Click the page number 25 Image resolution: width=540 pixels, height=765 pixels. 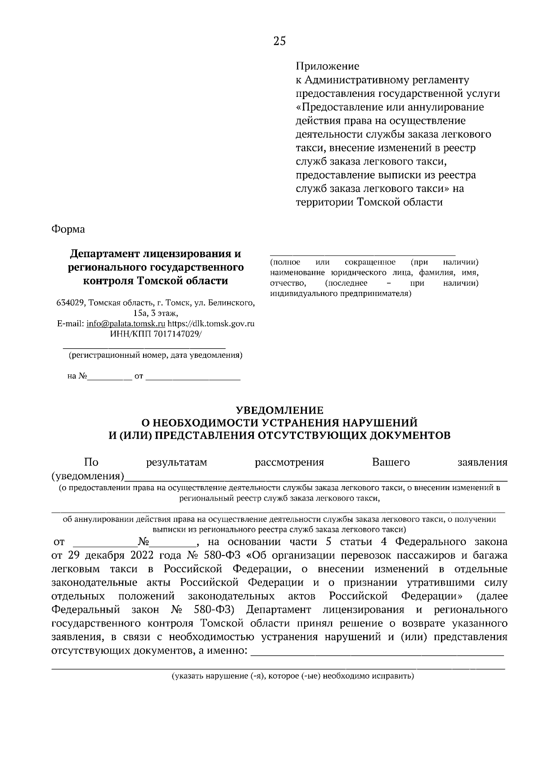pyautogui.click(x=279, y=41)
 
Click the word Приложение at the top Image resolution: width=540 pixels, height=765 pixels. pyautogui.click(x=327, y=67)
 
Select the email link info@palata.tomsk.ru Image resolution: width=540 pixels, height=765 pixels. pyautogui.click(x=126, y=323)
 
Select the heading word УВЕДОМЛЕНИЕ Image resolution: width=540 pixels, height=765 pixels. pyautogui.click(x=280, y=410)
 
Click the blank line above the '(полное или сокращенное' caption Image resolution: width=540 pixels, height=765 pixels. pyautogui.click(x=363, y=255)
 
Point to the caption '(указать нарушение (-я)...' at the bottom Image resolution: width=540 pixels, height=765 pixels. pyautogui.click(x=292, y=676)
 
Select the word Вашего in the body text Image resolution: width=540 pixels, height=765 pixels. pyautogui.click(x=391, y=463)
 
